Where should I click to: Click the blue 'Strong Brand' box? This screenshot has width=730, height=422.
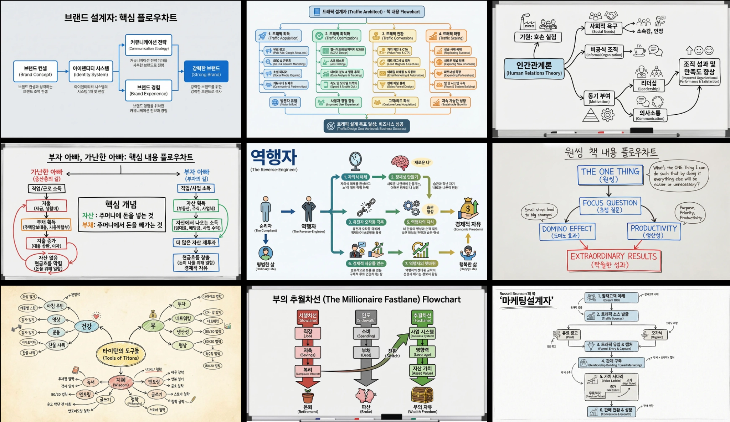point(206,71)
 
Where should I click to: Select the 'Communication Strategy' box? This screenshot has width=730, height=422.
point(149,45)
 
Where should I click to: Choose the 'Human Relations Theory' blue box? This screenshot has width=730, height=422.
point(534,69)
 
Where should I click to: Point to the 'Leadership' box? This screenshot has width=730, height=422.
point(649,85)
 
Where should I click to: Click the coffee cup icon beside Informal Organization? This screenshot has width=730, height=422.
point(640,51)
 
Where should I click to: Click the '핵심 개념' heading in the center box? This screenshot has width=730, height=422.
point(121,204)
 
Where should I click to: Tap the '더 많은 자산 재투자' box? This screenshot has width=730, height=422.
point(196,243)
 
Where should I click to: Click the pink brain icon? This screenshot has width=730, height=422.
point(400,162)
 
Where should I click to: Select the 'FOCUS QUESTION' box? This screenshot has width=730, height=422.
point(610,206)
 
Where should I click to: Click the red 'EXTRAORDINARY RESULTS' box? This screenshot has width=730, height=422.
point(613,260)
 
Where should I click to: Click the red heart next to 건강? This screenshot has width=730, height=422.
point(96,316)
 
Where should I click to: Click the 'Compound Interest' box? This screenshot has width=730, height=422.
point(308,371)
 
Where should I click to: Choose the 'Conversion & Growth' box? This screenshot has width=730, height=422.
point(612,412)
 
